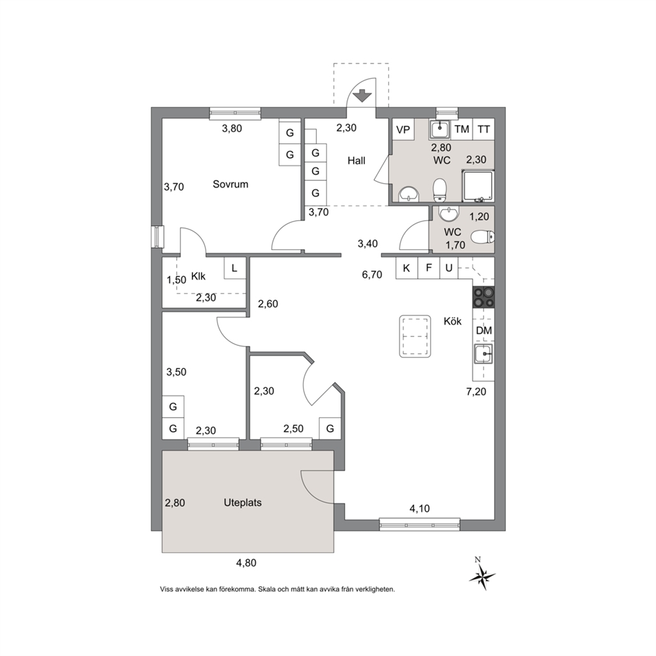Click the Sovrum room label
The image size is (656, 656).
click(x=231, y=184)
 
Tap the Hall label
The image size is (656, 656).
click(x=356, y=161)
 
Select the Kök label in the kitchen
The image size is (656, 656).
click(x=453, y=321)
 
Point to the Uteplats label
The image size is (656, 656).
click(x=243, y=503)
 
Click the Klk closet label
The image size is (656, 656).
click(x=198, y=276)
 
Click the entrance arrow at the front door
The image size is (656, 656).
click(x=362, y=96)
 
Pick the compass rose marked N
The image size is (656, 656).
click(x=482, y=575)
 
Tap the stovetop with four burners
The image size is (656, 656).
click(x=483, y=298)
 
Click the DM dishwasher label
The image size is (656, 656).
click(x=484, y=331)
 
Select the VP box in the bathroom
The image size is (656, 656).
click(x=403, y=129)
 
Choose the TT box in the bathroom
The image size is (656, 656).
click(x=483, y=129)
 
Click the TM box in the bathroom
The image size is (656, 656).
click(x=462, y=129)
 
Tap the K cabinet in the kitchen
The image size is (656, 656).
click(x=407, y=268)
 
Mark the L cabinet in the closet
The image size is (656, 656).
click(x=235, y=268)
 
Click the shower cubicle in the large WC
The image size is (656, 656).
click(x=477, y=185)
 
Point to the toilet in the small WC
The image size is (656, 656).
click(x=482, y=237)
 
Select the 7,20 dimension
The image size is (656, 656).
click(x=476, y=391)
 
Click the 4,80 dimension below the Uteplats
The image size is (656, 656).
click(x=246, y=563)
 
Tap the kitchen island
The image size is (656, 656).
click(x=415, y=336)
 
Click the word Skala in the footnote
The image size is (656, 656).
click(x=267, y=589)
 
